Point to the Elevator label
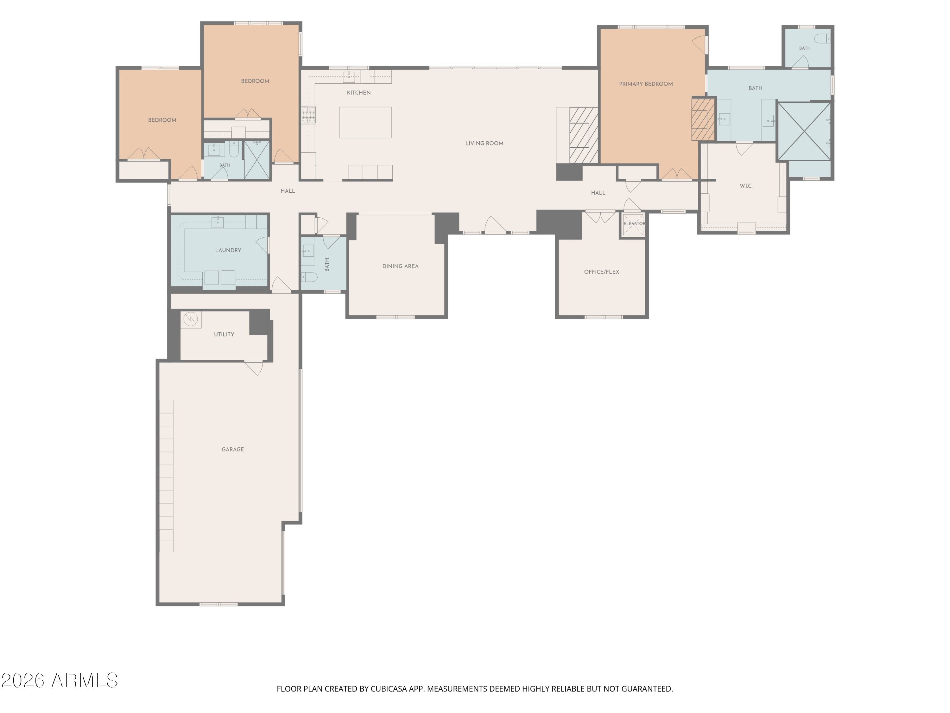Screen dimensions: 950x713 634,223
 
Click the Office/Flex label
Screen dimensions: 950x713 601,272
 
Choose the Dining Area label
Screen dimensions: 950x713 400,267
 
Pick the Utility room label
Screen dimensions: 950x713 224,334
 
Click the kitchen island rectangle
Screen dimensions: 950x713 365,123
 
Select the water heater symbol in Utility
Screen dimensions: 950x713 190,319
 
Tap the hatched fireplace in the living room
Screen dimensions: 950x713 584,135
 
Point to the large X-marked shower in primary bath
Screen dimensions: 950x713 804,131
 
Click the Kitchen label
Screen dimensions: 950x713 358,93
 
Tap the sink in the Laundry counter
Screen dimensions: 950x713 217,222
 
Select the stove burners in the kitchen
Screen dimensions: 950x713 308,115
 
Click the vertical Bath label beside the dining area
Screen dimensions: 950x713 327,264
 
